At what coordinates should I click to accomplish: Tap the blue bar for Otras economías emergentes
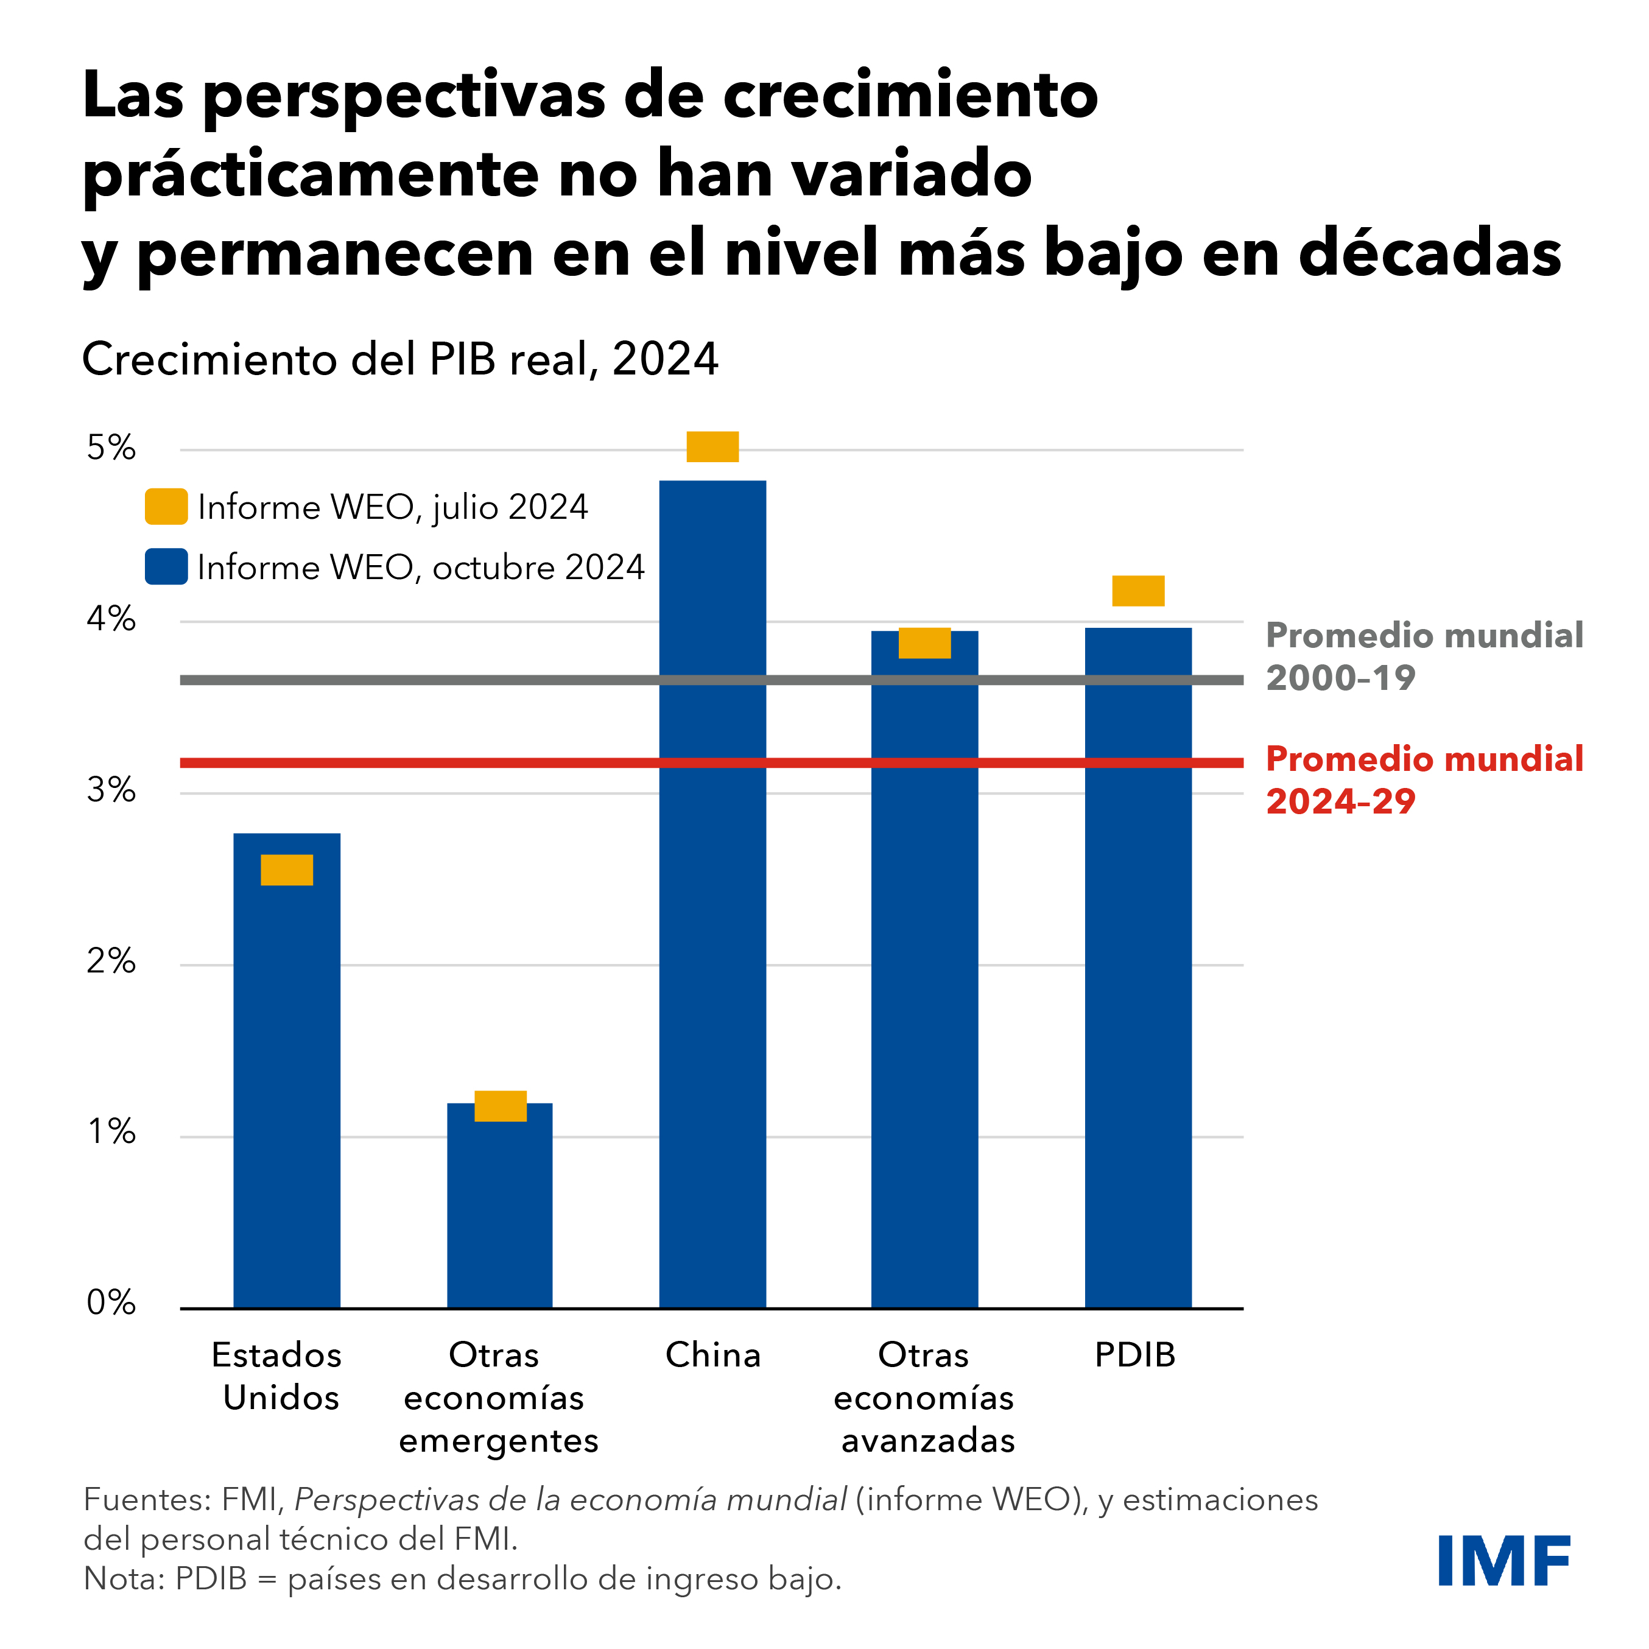[500, 1212]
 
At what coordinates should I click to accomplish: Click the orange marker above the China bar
[712, 446]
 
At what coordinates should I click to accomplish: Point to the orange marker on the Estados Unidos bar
[287, 870]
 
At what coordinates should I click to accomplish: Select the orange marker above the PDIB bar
[1137, 591]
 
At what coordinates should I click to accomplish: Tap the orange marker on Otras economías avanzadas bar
[924, 642]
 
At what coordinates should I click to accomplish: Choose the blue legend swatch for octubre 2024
[166, 567]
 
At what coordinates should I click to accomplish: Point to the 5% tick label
[111, 448]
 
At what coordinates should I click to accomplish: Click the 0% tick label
[111, 1303]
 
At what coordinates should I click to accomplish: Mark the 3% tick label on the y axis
[111, 790]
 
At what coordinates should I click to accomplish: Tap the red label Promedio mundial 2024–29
[1424, 779]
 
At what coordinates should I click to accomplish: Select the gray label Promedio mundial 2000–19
[1424, 655]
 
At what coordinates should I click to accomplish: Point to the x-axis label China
[712, 1355]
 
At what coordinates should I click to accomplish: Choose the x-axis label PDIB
[1135, 1355]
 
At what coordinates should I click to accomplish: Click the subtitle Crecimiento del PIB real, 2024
[400, 359]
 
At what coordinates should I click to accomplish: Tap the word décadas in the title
[1430, 253]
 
